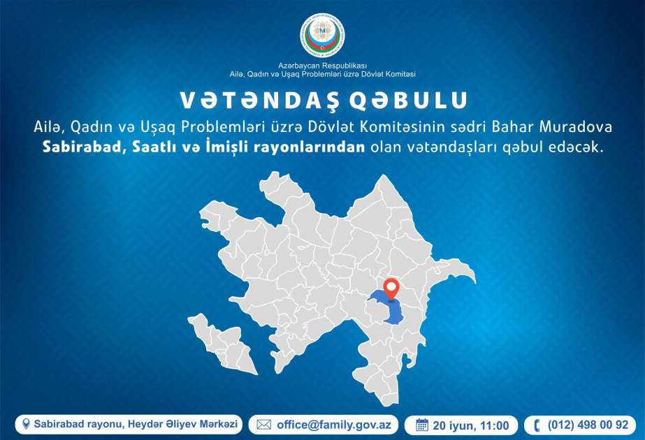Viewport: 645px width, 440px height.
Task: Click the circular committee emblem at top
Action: [322, 36]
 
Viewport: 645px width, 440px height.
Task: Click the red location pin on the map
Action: [391, 289]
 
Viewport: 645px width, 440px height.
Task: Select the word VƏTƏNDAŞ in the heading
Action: [259, 100]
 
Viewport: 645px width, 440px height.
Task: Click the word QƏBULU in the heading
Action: [410, 100]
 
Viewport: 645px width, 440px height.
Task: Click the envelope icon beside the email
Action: [263, 425]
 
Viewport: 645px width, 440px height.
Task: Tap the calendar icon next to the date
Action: [421, 425]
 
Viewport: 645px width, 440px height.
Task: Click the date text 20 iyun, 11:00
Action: [471, 425]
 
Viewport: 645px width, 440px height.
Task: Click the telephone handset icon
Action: [537, 425]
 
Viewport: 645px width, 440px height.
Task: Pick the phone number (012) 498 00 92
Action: [588, 425]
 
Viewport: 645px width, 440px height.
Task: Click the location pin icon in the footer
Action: [26, 424]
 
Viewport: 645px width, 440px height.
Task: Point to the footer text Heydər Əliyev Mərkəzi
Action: [182, 424]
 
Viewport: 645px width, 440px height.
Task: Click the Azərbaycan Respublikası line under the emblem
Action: [322, 66]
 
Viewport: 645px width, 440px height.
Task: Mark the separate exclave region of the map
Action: [222, 343]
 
